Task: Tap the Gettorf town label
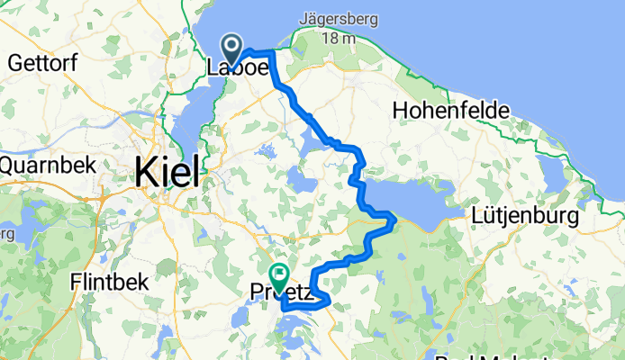pyautogui.click(x=39, y=62)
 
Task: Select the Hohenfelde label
pyautogui.click(x=451, y=110)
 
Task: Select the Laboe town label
pyautogui.click(x=239, y=68)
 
